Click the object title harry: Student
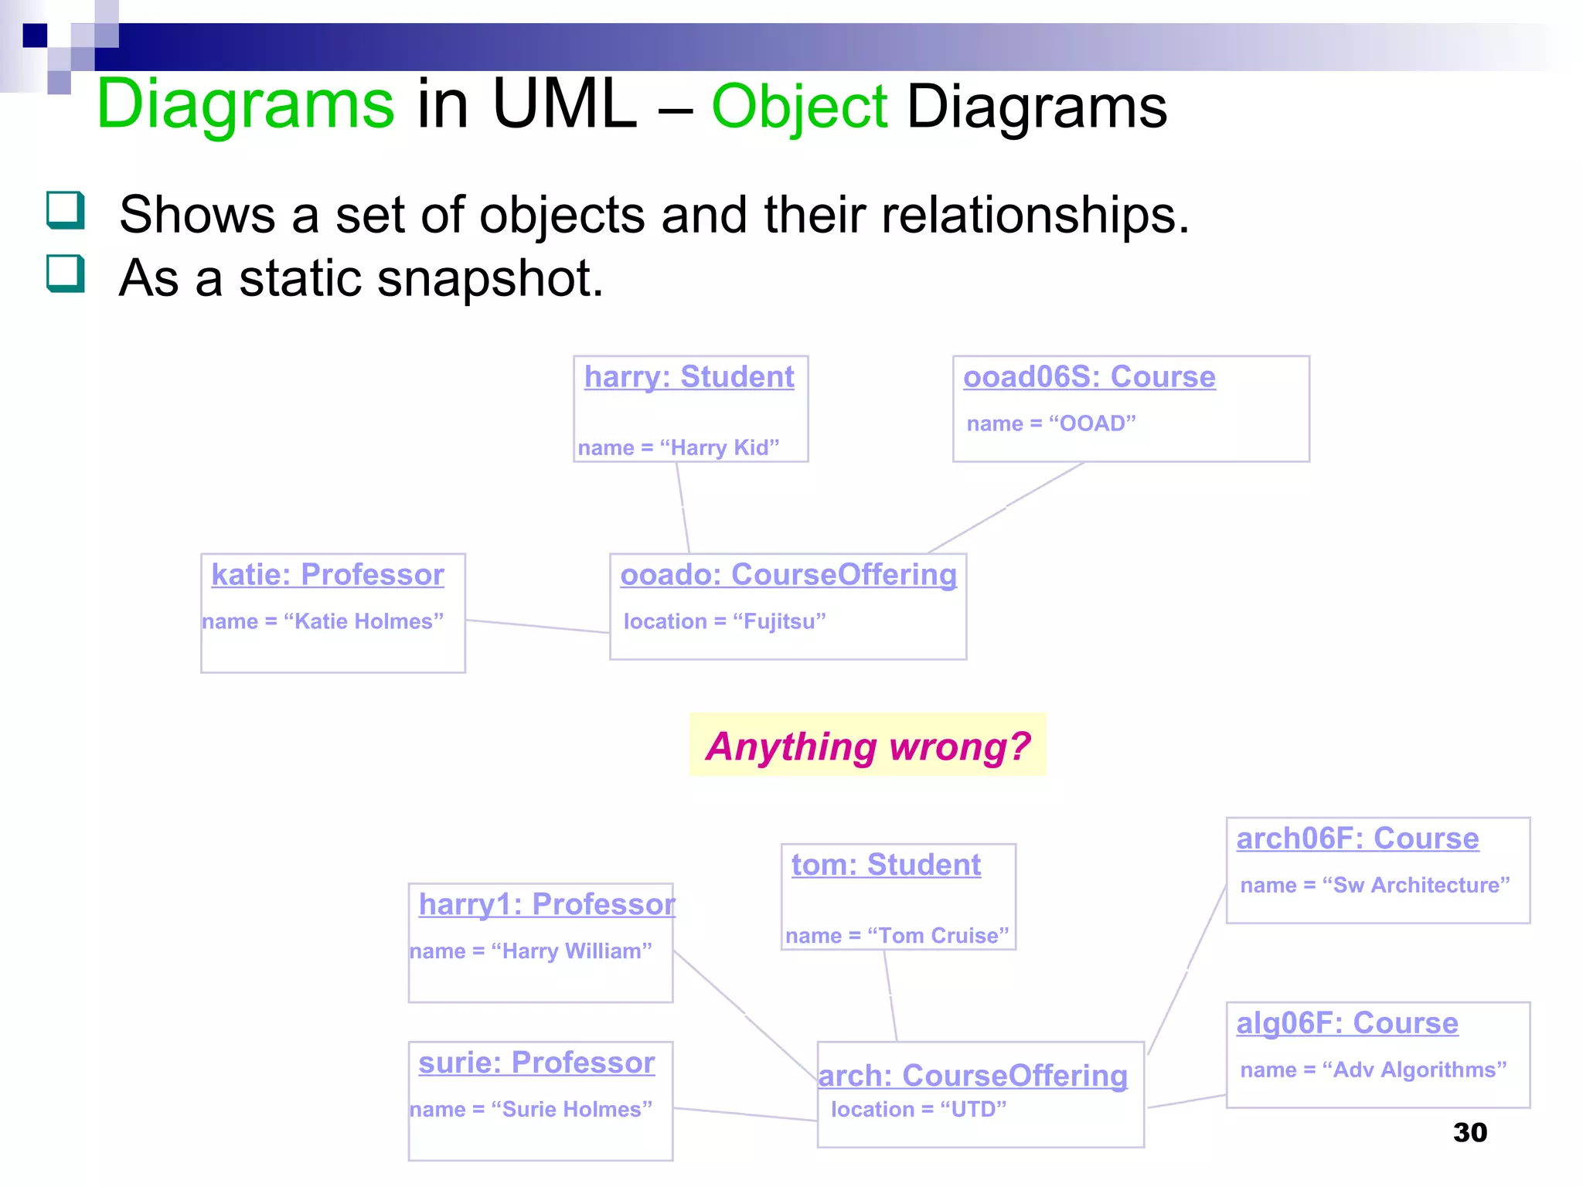click(689, 377)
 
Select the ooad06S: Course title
click(1089, 377)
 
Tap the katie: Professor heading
click(328, 575)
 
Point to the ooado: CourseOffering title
click(788, 575)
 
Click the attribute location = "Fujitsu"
click(725, 621)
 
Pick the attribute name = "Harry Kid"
click(679, 447)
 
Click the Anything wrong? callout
click(867, 746)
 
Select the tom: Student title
click(886, 865)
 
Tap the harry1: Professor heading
click(546, 904)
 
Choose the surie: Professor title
click(536, 1063)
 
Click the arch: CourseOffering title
click(973, 1076)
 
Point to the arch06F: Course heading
click(1357, 838)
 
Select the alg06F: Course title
click(1347, 1023)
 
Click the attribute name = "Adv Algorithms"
click(1374, 1070)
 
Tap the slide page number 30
click(1469, 1132)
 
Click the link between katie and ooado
click(537, 626)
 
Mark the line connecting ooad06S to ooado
click(1005, 508)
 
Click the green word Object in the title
click(799, 107)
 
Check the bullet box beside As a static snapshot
click(65, 274)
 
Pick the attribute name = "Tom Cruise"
click(897, 936)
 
